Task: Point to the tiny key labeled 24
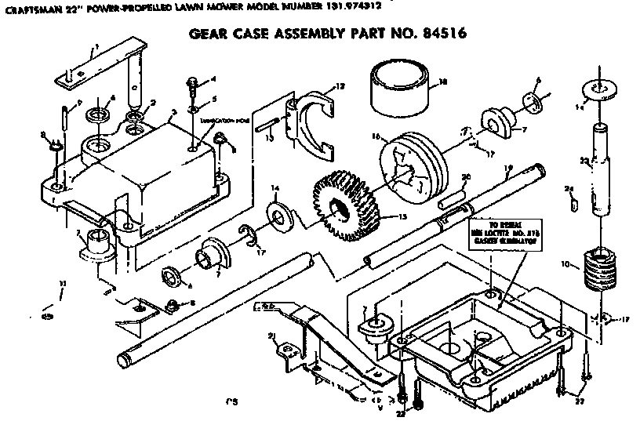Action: tap(571, 205)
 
